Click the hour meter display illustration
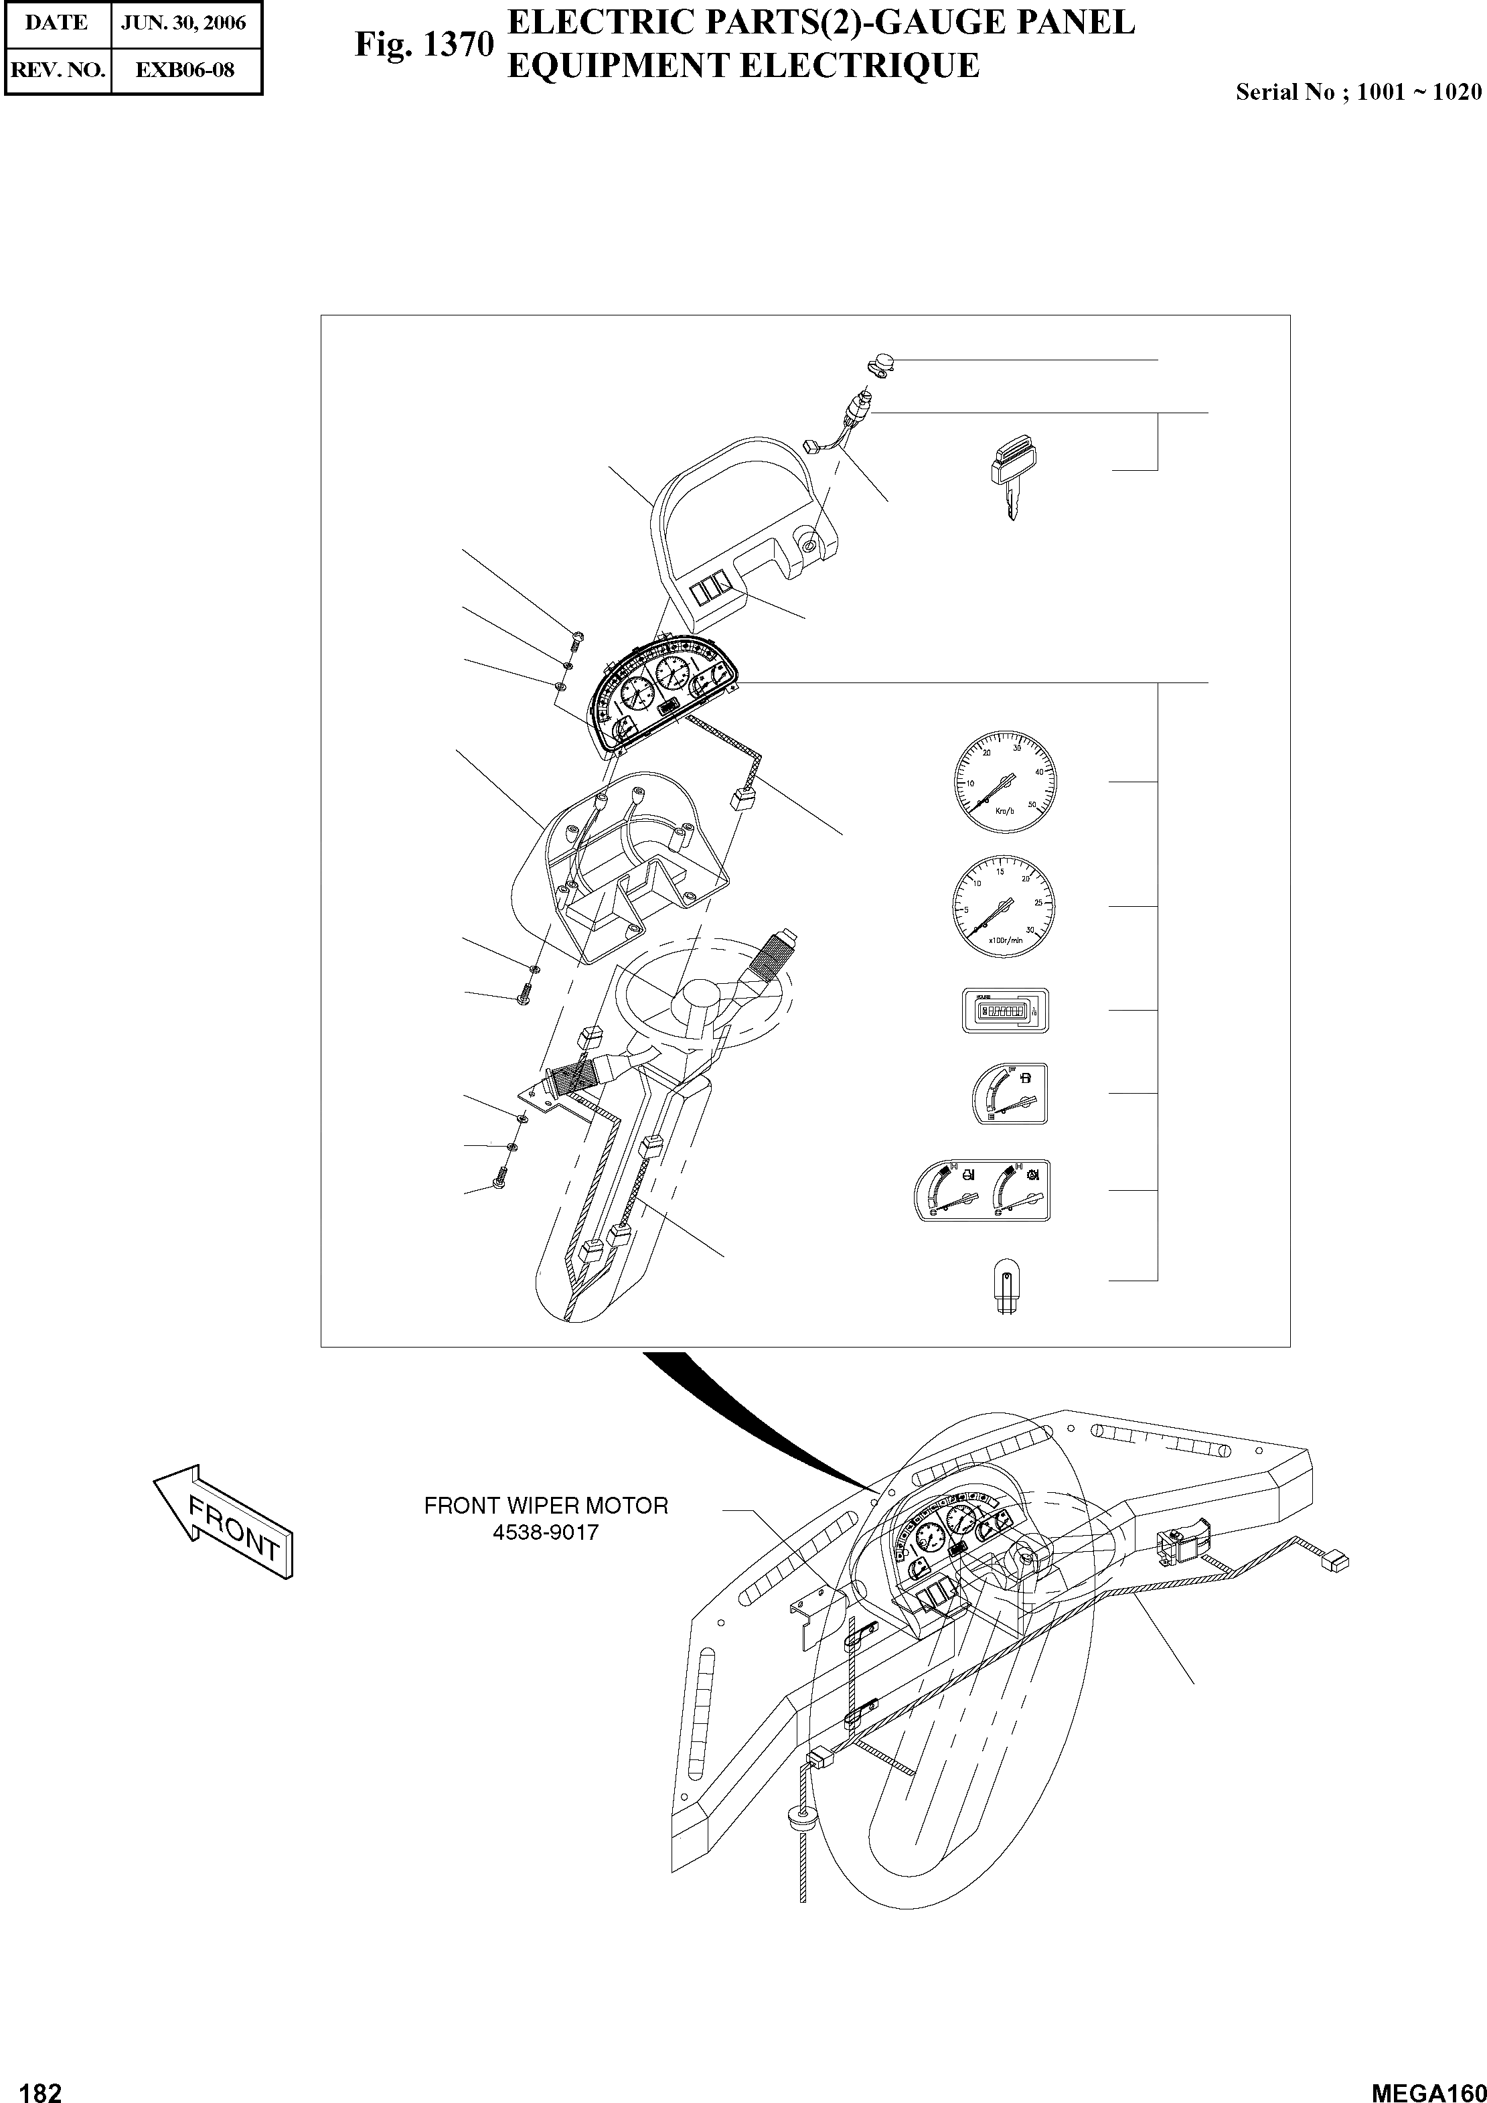point(1004,1010)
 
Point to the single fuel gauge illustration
point(1008,1093)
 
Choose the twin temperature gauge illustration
point(982,1190)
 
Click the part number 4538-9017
point(546,1532)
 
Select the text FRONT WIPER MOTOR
point(546,1506)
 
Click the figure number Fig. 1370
point(424,46)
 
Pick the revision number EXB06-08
point(185,70)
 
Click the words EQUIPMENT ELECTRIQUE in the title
point(742,66)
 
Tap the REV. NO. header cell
point(57,70)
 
